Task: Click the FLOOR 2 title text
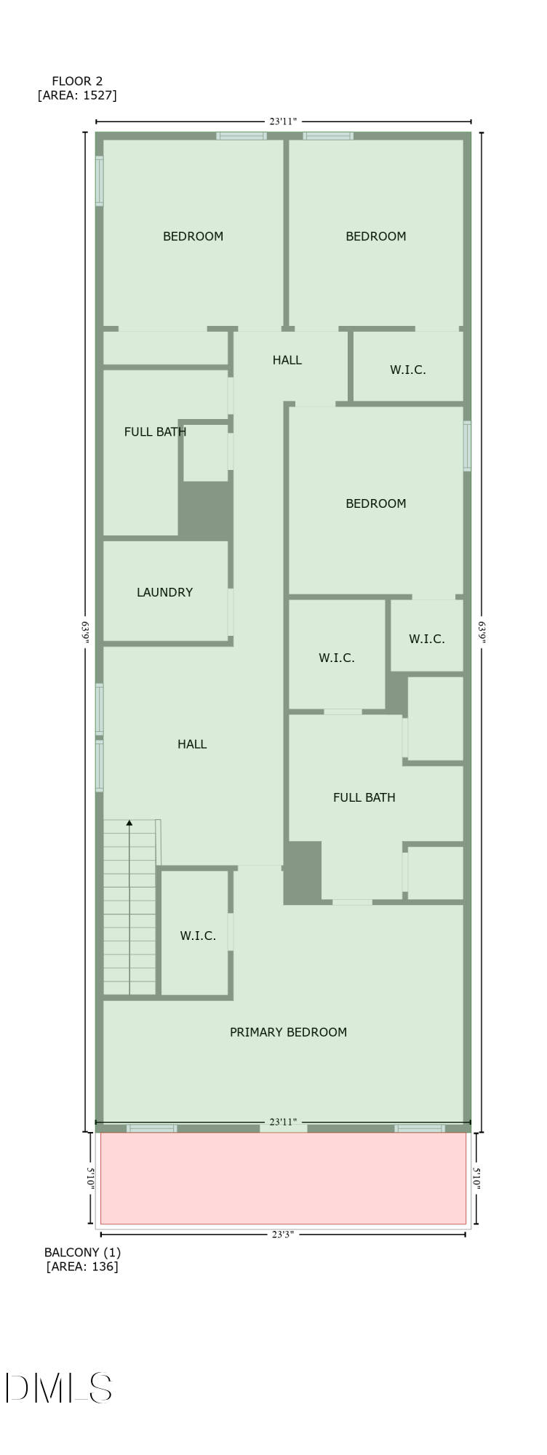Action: (x=72, y=81)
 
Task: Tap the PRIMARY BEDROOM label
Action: (x=288, y=1032)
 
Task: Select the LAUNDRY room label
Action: (x=164, y=592)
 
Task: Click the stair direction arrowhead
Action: (x=129, y=823)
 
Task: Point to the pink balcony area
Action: (x=283, y=1178)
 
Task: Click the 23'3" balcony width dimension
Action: (x=283, y=1234)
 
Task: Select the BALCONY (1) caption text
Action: (x=82, y=1252)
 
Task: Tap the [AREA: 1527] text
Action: (x=77, y=95)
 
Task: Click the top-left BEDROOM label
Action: (x=193, y=236)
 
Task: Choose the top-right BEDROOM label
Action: (x=375, y=236)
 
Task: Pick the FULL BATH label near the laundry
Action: (x=155, y=431)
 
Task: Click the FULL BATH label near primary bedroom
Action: (x=364, y=797)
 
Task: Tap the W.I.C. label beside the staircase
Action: (x=198, y=936)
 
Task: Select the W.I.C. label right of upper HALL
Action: (x=407, y=370)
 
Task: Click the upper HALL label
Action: (x=287, y=360)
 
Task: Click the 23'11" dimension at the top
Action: (x=283, y=121)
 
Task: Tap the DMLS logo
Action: (x=58, y=1387)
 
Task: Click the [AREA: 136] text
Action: (x=82, y=1267)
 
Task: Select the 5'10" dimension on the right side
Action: (x=476, y=1178)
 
